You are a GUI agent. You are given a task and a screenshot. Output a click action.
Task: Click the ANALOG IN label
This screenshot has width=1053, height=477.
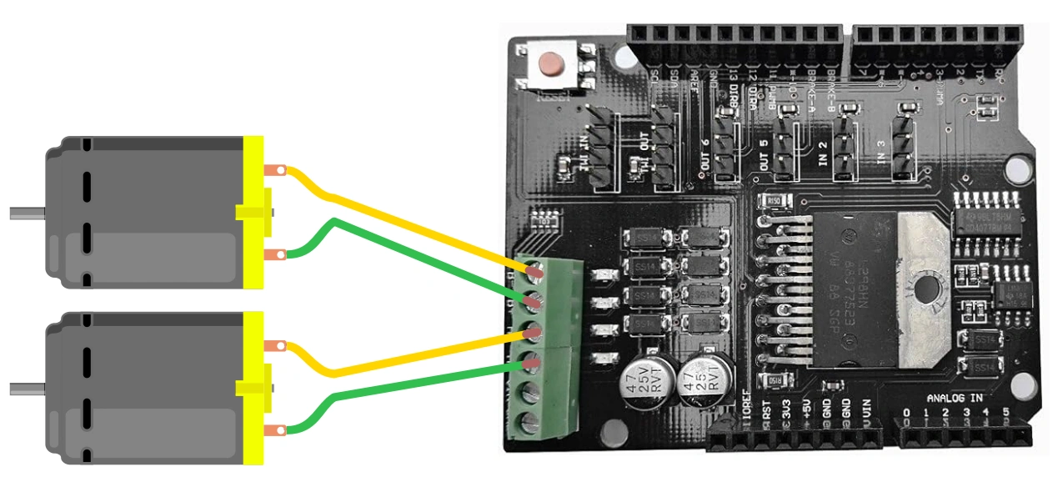tap(954, 399)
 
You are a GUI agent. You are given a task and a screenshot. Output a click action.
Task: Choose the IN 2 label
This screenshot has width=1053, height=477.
tap(822, 153)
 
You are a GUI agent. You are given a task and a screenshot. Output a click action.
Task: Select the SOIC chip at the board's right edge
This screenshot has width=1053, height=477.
tap(988, 214)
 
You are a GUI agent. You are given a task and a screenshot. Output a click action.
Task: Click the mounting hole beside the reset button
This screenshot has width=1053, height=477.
tap(621, 58)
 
